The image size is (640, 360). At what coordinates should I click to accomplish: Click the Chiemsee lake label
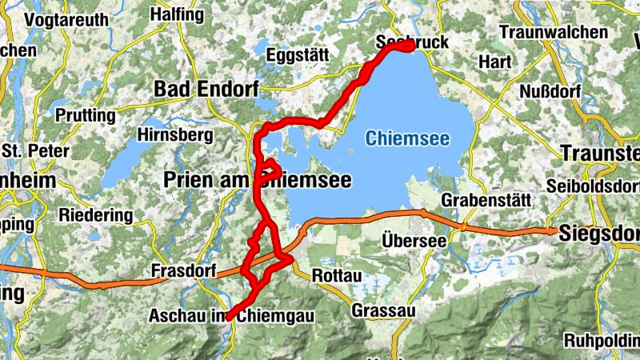click(x=407, y=138)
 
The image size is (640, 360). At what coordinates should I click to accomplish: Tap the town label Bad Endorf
click(x=206, y=89)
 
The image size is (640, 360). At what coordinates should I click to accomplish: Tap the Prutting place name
click(x=85, y=115)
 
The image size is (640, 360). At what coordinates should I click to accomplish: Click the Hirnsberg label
click(x=174, y=134)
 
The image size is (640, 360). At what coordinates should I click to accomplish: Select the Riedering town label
click(x=95, y=215)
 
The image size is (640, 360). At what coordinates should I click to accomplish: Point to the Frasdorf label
click(x=182, y=272)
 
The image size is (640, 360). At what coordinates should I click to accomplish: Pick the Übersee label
click(x=414, y=239)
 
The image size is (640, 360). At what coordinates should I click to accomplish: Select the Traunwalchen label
click(x=553, y=32)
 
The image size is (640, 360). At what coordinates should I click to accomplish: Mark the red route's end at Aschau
click(x=229, y=318)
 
